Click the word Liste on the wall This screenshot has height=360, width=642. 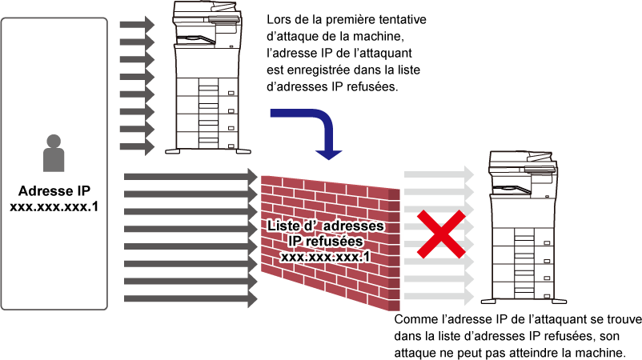click(x=284, y=226)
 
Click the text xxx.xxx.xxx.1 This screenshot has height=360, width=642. click(x=326, y=257)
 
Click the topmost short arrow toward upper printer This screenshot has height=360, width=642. click(x=136, y=25)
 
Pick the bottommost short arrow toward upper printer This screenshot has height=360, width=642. click(x=136, y=147)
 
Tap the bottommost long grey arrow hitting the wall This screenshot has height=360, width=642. click(x=191, y=299)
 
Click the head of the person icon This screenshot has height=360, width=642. click(x=54, y=142)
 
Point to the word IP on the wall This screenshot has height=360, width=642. click(x=297, y=242)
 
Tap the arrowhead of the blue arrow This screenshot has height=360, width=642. click(x=328, y=153)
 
